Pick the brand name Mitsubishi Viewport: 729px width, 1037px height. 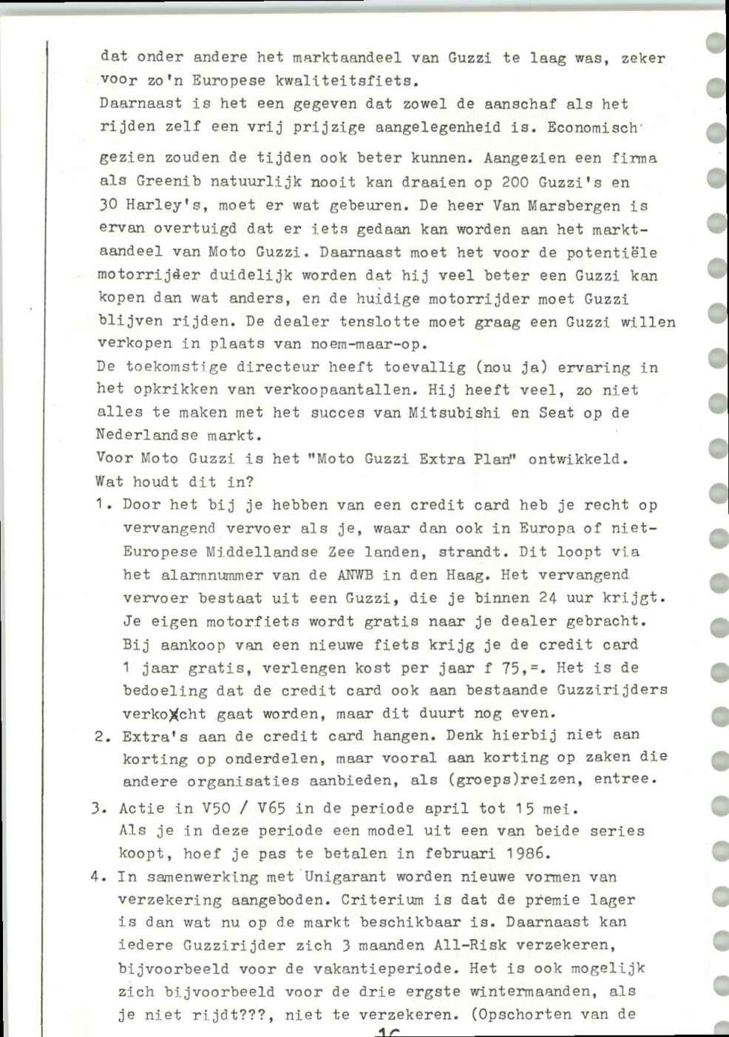tap(455, 413)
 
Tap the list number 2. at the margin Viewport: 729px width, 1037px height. tap(102, 737)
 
